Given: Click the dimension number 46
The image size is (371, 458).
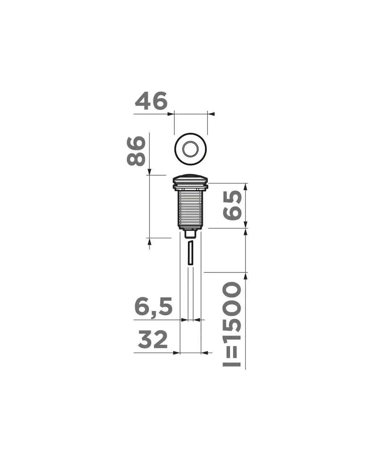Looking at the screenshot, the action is click(151, 101).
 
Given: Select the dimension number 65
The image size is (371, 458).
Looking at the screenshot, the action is click(233, 205).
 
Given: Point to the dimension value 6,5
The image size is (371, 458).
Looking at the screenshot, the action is click(153, 306).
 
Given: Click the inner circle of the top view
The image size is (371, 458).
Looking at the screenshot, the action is click(190, 148).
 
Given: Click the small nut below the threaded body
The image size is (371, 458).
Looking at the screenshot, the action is click(191, 234).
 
